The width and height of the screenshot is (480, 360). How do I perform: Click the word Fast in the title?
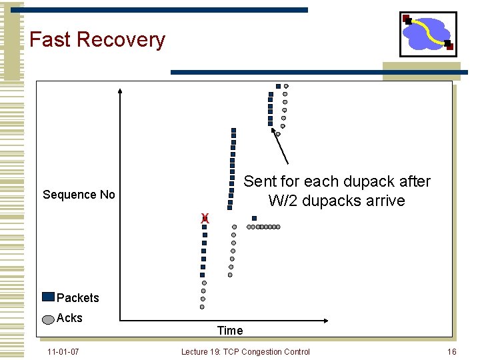(51, 40)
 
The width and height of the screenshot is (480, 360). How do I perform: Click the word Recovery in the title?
(121, 40)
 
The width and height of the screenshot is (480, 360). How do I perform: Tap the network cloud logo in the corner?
(428, 34)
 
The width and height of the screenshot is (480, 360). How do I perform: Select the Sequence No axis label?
(79, 195)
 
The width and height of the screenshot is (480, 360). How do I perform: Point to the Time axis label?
(230, 330)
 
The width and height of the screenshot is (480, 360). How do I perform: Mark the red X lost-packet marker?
(205, 218)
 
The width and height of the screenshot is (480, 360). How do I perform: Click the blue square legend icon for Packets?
(48, 297)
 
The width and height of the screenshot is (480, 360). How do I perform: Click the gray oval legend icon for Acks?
(48, 319)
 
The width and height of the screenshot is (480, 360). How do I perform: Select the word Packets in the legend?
(78, 298)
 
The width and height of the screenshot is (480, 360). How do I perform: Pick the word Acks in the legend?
(70, 318)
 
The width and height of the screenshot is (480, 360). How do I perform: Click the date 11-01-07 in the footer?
(63, 351)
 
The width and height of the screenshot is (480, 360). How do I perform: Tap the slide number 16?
(451, 351)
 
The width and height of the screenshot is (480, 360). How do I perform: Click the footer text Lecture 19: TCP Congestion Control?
(245, 351)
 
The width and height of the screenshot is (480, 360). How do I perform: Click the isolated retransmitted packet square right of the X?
(254, 218)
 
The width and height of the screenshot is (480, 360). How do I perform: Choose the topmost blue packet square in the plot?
(278, 86)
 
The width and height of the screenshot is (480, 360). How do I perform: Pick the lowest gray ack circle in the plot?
(202, 307)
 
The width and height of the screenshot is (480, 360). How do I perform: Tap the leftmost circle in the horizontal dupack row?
(249, 227)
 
